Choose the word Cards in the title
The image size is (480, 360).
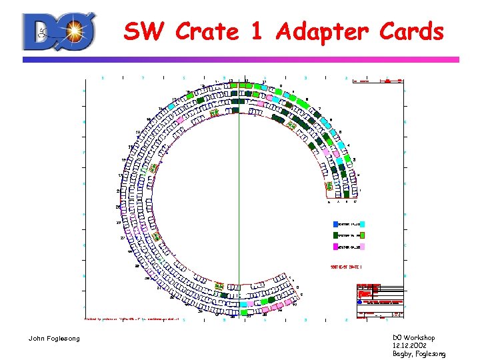[411, 31]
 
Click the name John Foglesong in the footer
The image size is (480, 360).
[54, 339]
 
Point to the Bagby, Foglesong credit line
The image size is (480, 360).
[419, 354]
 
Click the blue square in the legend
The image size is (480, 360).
[336, 225]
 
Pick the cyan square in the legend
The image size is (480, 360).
[363, 225]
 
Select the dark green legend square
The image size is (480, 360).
[336, 235]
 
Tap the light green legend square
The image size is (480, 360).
[363, 235]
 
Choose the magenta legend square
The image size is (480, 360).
[336, 247]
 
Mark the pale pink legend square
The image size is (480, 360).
[363, 247]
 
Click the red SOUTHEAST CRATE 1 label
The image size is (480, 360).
[347, 267]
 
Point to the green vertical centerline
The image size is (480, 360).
[239, 200]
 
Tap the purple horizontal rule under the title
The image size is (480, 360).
[240, 59]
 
